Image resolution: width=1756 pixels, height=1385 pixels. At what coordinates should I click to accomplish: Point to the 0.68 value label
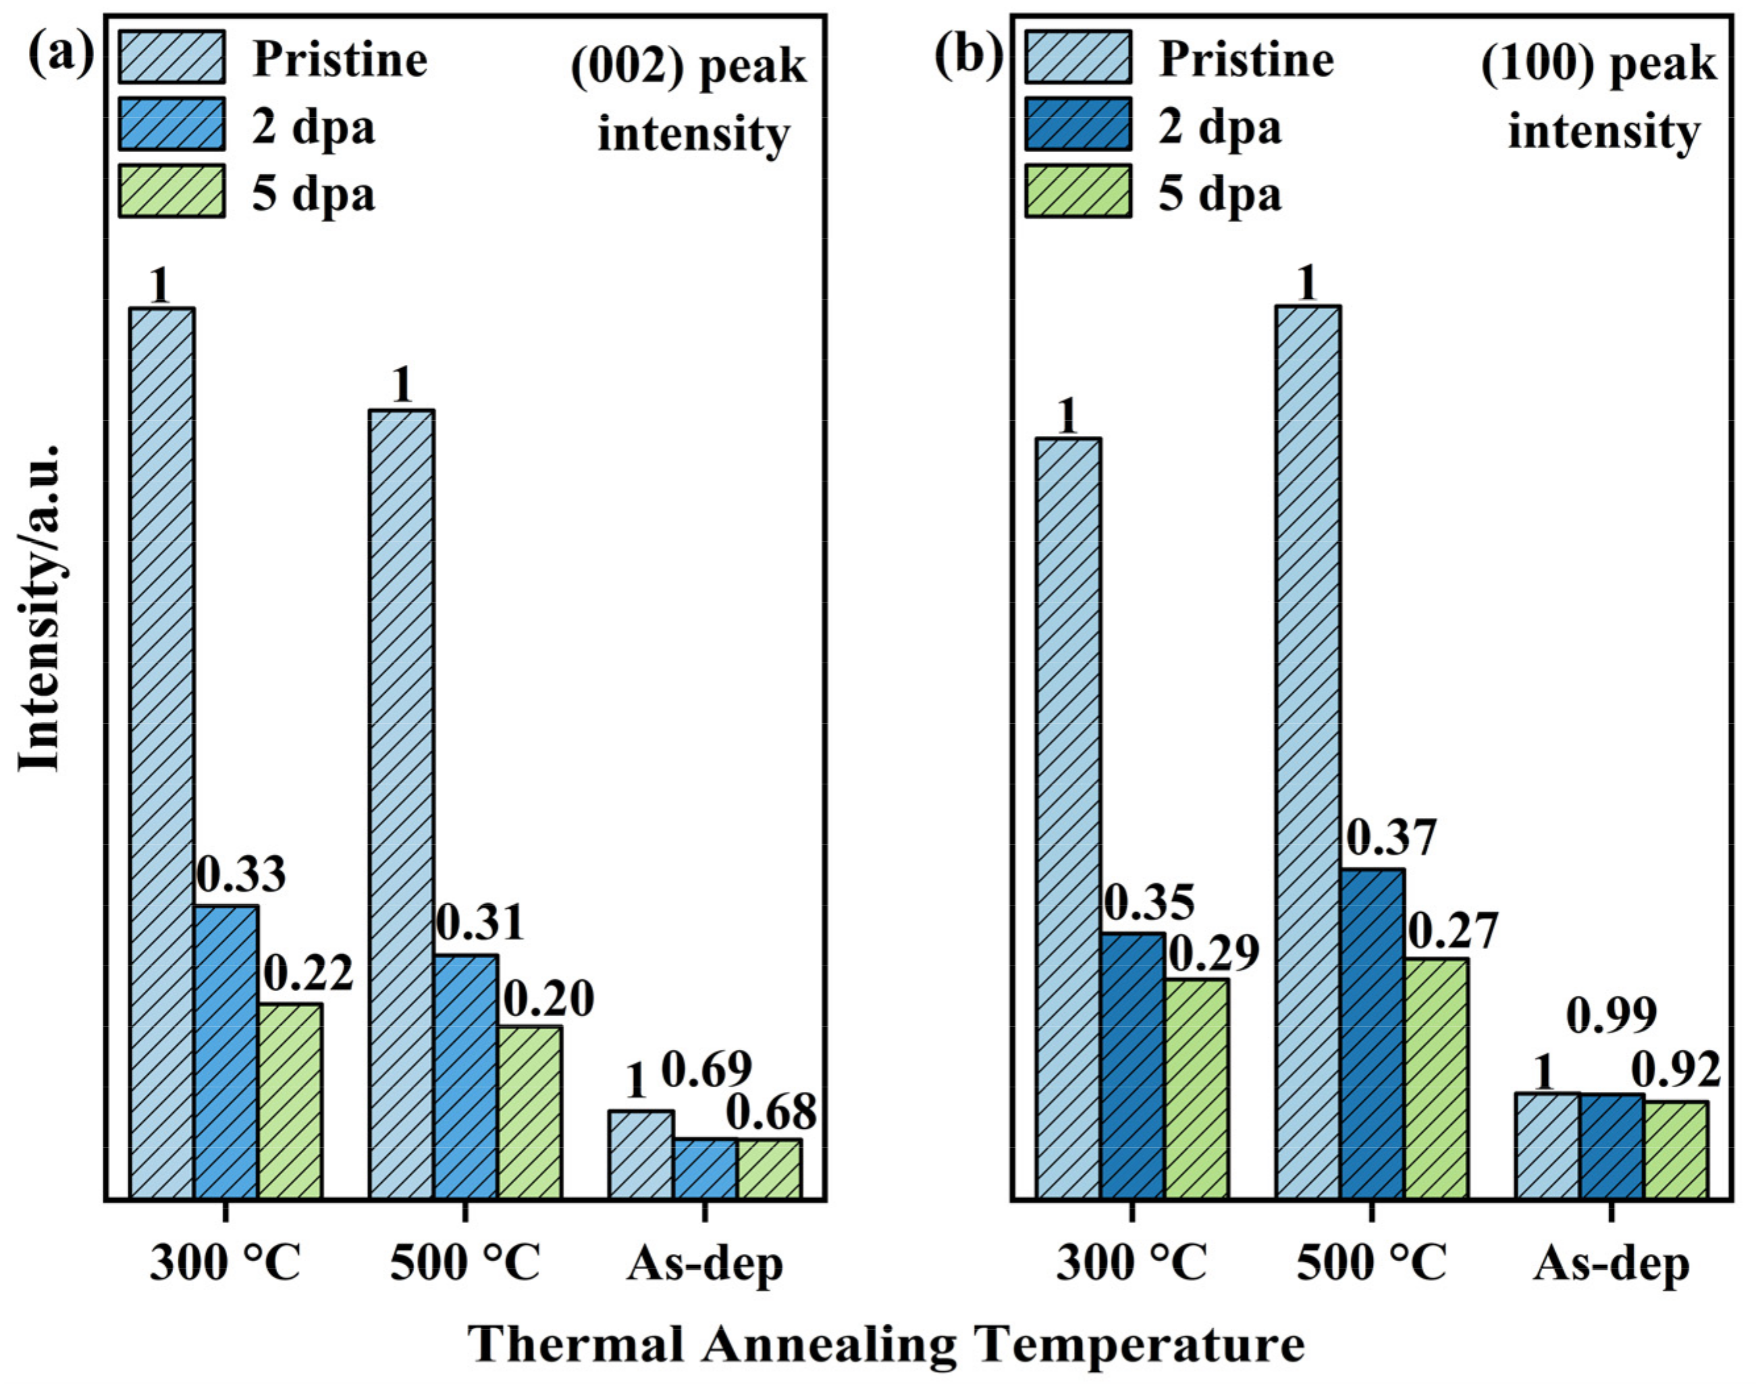click(770, 1114)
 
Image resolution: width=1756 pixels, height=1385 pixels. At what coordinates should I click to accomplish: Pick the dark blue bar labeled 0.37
click(1371, 1034)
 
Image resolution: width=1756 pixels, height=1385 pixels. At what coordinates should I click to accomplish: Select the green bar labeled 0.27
click(1436, 1079)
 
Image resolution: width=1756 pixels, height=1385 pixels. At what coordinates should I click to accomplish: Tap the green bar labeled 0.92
click(1676, 1150)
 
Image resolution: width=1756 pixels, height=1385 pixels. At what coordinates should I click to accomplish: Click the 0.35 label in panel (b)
click(1149, 902)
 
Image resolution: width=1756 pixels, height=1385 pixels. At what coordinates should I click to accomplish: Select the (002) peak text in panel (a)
click(688, 67)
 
